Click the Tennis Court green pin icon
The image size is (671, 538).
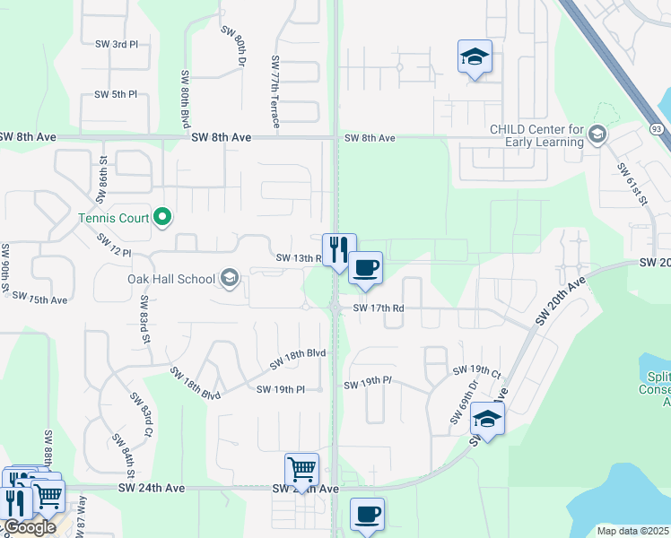(x=162, y=217)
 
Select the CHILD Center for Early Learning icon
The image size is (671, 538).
(x=597, y=135)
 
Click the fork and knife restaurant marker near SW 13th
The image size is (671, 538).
(x=339, y=249)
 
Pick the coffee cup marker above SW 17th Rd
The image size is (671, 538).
(x=365, y=267)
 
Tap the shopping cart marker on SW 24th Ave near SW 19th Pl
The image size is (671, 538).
(x=301, y=469)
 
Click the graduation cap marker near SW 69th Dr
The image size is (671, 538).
(x=487, y=418)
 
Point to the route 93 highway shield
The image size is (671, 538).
(x=658, y=130)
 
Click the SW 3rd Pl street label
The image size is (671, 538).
(x=117, y=43)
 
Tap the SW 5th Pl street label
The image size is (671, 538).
(x=117, y=94)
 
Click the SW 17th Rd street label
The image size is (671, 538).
(x=379, y=308)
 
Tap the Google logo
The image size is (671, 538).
(x=29, y=526)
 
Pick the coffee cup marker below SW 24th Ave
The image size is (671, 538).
(x=367, y=514)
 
